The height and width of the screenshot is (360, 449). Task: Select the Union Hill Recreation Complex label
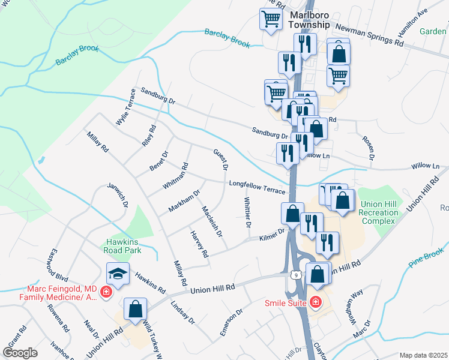[x=379, y=213]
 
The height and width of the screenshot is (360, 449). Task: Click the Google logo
[x=20, y=353]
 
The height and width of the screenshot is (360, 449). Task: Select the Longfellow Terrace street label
[x=256, y=187]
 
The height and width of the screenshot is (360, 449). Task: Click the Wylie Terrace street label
[x=126, y=106]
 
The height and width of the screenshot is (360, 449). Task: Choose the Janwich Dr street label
[x=117, y=195]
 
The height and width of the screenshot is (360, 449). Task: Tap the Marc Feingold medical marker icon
[x=106, y=292]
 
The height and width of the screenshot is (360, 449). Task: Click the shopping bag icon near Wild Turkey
[x=136, y=309]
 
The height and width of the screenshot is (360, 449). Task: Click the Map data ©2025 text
[x=423, y=355]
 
